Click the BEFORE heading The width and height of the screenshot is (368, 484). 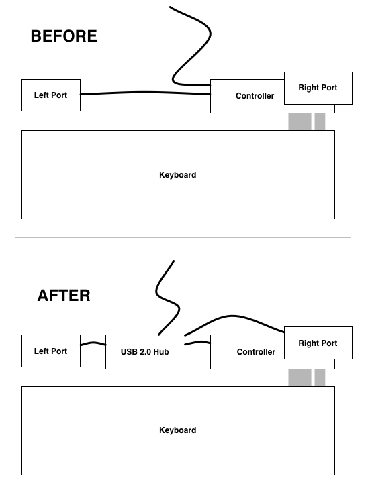(x=64, y=36)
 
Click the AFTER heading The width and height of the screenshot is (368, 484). (x=64, y=296)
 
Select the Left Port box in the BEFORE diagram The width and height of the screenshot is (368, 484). (x=51, y=95)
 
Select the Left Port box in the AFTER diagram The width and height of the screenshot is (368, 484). (x=51, y=351)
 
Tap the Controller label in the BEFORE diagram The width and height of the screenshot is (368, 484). (x=255, y=96)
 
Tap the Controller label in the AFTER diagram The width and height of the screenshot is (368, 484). (x=256, y=352)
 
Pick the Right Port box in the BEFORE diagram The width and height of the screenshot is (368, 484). (x=318, y=88)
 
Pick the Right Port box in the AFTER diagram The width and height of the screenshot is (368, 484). (x=318, y=343)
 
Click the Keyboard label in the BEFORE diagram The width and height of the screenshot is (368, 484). (x=178, y=175)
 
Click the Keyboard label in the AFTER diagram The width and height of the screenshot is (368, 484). (x=178, y=430)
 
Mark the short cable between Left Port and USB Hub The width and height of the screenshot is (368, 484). (x=93, y=344)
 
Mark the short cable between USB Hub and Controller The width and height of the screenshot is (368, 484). (x=197, y=343)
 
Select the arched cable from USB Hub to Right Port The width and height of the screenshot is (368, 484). (x=232, y=316)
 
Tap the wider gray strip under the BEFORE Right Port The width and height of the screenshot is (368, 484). (x=300, y=121)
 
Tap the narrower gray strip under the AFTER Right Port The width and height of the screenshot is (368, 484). (x=320, y=377)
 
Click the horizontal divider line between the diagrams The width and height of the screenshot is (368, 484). (x=183, y=237)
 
